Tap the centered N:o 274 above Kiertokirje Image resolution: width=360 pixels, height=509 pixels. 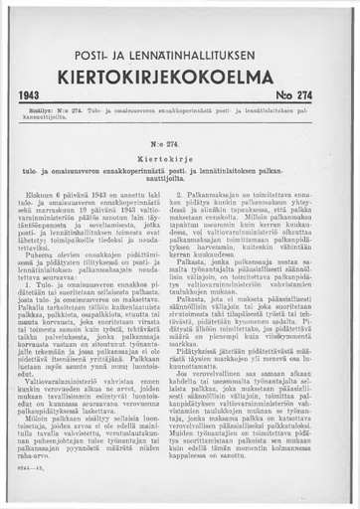180,143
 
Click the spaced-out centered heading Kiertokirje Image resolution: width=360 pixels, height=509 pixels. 180,158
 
